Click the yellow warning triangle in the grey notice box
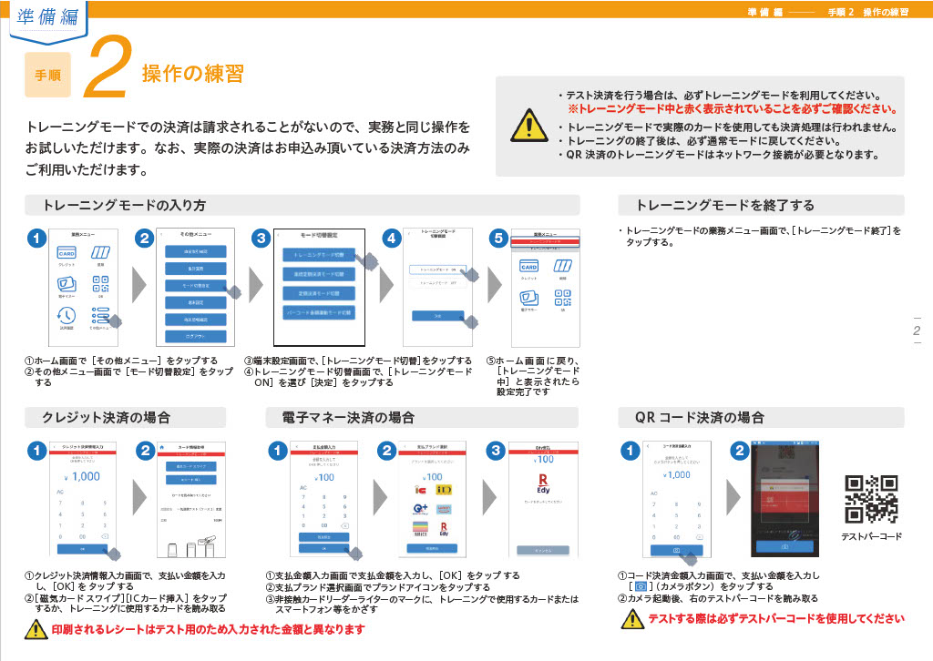[x=525, y=125]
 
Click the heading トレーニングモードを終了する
[x=724, y=205]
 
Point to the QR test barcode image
[x=871, y=497]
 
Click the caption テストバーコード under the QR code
[x=871, y=536]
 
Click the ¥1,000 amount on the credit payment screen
[x=83, y=476]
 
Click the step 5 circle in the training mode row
[x=497, y=239]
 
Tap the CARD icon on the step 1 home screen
[x=67, y=253]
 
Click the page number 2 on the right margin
[x=917, y=331]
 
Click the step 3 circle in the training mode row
[x=261, y=239]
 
